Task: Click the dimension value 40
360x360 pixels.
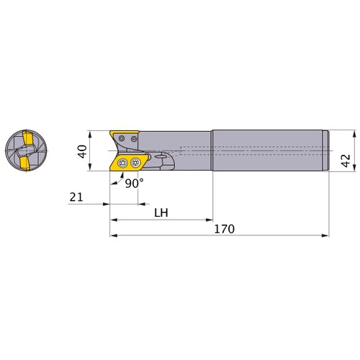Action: point(82,151)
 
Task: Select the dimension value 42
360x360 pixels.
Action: point(346,161)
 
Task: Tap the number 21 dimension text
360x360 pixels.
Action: point(76,197)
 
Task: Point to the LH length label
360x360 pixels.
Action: point(161,212)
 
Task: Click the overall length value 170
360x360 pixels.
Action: point(224,229)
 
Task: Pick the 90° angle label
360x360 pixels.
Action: point(134,184)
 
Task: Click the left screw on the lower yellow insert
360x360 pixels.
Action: point(122,163)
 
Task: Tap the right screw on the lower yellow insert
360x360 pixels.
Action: point(135,163)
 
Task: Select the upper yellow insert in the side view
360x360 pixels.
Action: point(124,133)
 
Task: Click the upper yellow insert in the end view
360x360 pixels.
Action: point(27,138)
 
